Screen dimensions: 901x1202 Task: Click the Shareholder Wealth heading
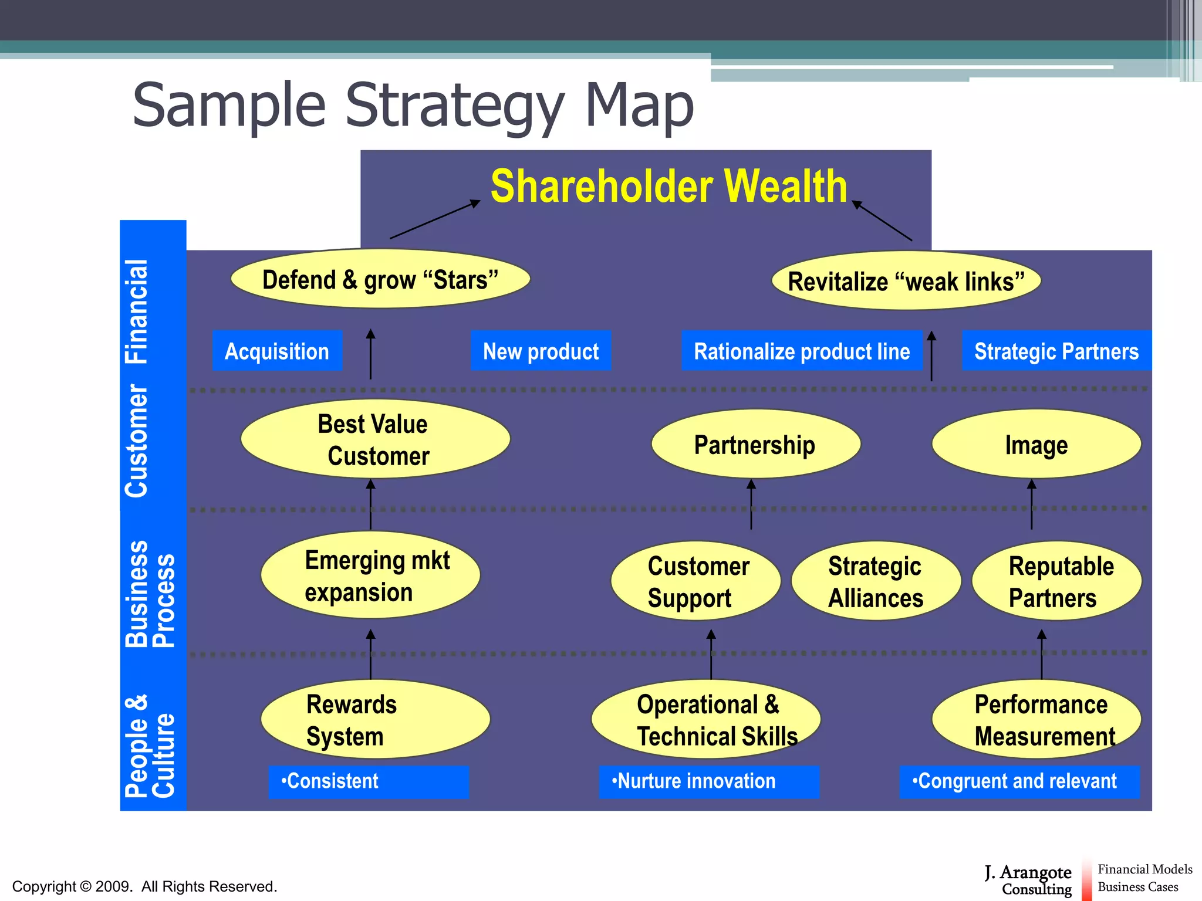(668, 187)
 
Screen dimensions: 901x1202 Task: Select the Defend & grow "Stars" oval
(380, 279)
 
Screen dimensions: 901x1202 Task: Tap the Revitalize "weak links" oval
(906, 281)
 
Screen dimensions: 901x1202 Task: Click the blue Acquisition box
(277, 351)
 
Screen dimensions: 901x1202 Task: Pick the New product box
(541, 351)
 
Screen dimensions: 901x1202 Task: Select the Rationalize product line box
(802, 351)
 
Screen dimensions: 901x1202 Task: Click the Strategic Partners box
(1056, 351)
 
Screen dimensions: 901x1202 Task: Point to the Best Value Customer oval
(375, 439)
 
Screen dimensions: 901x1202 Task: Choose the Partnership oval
(755, 444)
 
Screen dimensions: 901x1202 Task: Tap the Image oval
(1036, 444)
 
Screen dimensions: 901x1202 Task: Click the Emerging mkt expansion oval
(370, 575)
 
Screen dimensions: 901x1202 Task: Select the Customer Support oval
(695, 581)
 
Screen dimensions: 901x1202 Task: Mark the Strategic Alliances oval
(876, 581)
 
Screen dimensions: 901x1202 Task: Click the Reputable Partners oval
(1056, 581)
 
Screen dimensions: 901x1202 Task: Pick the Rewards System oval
(375, 719)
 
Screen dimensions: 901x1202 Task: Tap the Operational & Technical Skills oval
(706, 719)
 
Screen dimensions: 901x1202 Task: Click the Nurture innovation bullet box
(708, 781)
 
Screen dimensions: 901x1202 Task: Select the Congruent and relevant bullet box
(1019, 781)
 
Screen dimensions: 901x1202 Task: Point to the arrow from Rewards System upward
(370, 654)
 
